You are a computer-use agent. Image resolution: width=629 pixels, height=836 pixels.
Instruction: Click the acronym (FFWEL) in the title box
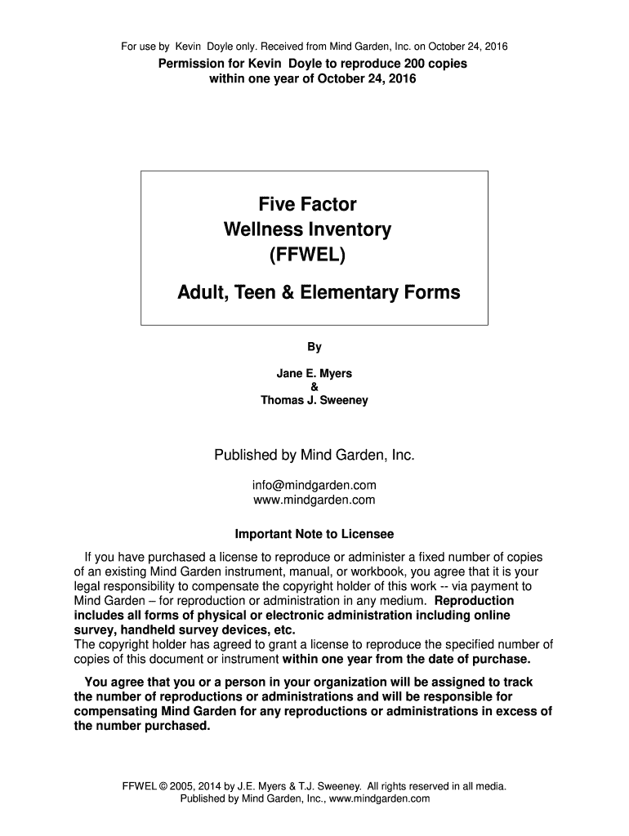(x=314, y=257)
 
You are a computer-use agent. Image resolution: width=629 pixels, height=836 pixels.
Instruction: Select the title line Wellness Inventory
(x=307, y=229)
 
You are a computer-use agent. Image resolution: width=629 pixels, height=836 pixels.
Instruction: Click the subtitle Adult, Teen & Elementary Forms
(x=319, y=291)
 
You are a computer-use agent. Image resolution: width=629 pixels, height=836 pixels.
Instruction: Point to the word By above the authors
(x=314, y=347)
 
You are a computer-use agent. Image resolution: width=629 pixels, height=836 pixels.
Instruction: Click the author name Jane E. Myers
(x=314, y=374)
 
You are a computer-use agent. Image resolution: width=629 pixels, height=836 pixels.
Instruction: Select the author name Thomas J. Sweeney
(x=314, y=400)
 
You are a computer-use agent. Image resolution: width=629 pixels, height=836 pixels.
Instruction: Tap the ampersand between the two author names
(x=314, y=387)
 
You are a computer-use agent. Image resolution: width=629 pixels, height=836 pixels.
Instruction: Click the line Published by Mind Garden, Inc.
(x=314, y=455)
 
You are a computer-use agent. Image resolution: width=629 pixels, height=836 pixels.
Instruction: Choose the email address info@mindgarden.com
(x=314, y=485)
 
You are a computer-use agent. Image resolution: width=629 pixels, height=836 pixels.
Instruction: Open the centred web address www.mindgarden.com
(x=314, y=500)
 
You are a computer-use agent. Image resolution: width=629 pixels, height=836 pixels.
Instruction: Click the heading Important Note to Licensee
(x=314, y=535)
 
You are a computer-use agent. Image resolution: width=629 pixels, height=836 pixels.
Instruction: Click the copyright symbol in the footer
(x=163, y=787)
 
